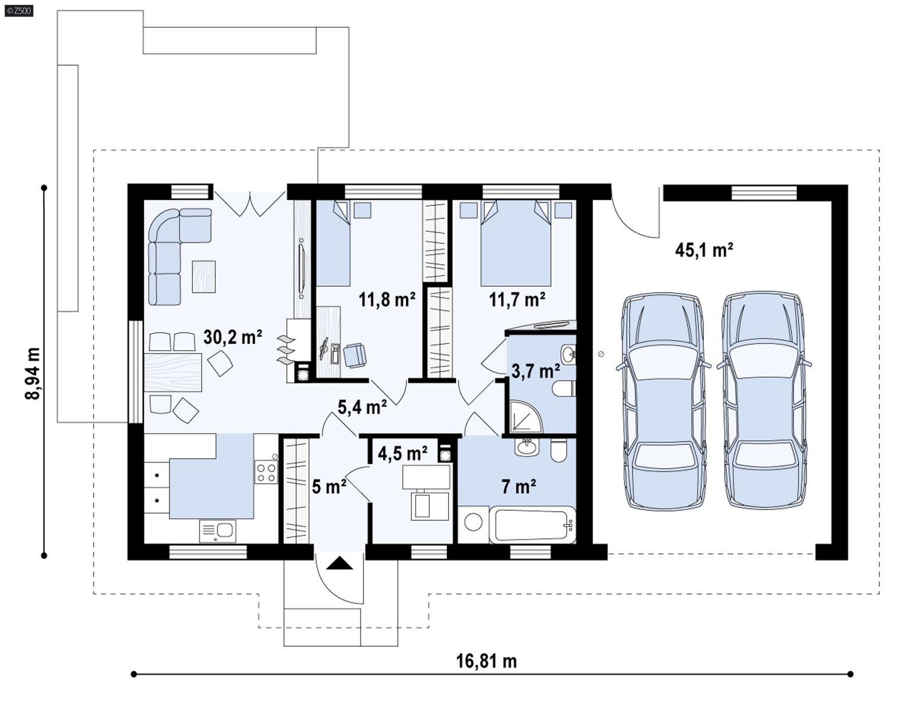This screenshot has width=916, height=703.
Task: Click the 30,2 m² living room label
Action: pyautogui.click(x=232, y=338)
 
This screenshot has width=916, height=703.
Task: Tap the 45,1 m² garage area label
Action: pyautogui.click(x=704, y=250)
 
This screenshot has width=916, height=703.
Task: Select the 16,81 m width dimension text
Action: pyautogui.click(x=486, y=661)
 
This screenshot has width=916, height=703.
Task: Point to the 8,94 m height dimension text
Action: pyautogui.click(x=33, y=373)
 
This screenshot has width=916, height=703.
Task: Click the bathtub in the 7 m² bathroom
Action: pyautogui.click(x=532, y=524)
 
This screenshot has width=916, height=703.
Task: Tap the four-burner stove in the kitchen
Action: pyautogui.click(x=266, y=472)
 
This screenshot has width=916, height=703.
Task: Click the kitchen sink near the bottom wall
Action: pyautogui.click(x=218, y=531)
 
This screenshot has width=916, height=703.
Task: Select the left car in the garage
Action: pyautogui.click(x=663, y=401)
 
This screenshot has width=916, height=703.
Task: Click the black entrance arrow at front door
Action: pyautogui.click(x=340, y=564)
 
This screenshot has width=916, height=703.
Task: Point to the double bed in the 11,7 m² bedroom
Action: pyautogui.click(x=516, y=243)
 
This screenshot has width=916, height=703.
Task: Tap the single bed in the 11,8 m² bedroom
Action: pyautogui.click(x=333, y=243)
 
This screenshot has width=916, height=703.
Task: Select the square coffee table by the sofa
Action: pyautogui.click(x=204, y=277)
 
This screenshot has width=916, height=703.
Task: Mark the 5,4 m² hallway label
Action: pyautogui.click(x=362, y=407)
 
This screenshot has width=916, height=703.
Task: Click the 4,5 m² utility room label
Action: pyautogui.click(x=402, y=453)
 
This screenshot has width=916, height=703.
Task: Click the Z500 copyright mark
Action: pyautogui.click(x=18, y=10)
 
